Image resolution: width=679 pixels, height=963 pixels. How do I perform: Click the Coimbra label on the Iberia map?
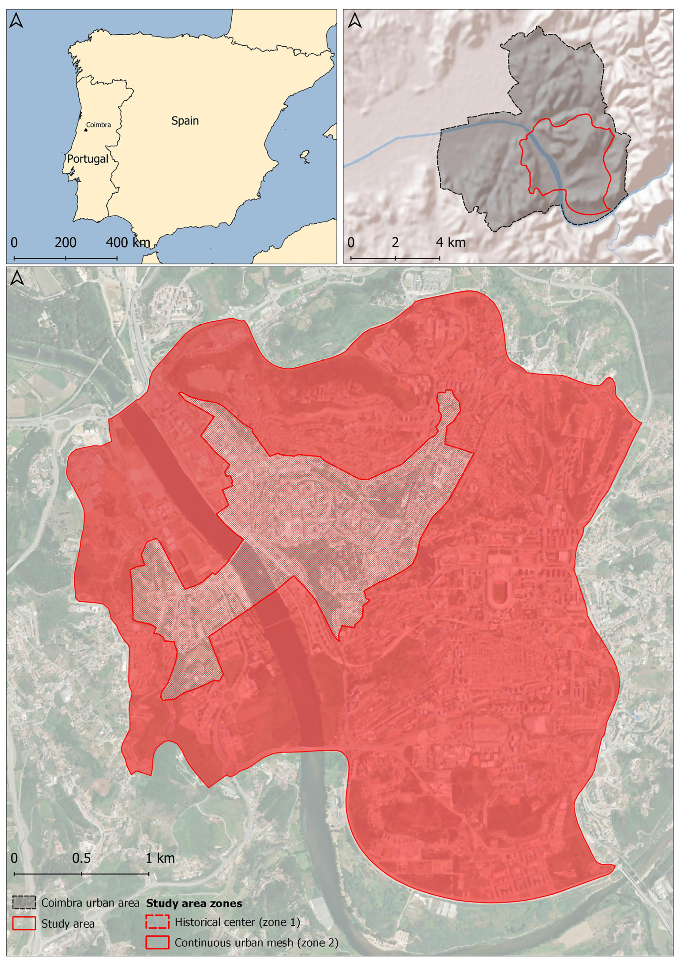pyautogui.click(x=99, y=125)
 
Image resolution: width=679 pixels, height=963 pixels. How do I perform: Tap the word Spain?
pyautogui.click(x=185, y=121)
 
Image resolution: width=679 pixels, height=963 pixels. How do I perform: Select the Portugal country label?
pyautogui.click(x=88, y=159)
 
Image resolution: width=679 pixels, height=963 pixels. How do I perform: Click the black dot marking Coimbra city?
pyautogui.click(x=85, y=130)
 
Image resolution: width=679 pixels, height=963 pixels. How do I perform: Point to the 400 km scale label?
pyautogui.click(x=128, y=242)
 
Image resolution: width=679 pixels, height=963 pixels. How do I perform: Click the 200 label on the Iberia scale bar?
pyautogui.click(x=66, y=242)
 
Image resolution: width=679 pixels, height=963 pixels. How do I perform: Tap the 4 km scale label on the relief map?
pyautogui.click(x=451, y=242)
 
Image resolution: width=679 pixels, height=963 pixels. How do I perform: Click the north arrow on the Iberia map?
pyautogui.click(x=16, y=20)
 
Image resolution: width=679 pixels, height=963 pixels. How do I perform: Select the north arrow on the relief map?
pyautogui.click(x=354, y=20)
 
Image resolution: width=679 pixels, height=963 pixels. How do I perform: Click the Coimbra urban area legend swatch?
pyautogui.click(x=24, y=902)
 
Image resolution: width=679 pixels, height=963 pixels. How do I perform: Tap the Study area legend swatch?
pyautogui.click(x=24, y=924)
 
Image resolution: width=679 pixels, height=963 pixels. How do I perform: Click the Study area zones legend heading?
pyautogui.click(x=194, y=903)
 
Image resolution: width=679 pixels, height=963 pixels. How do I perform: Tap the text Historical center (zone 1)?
pyautogui.click(x=237, y=922)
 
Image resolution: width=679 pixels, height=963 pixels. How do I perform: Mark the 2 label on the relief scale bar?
pyautogui.click(x=395, y=242)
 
